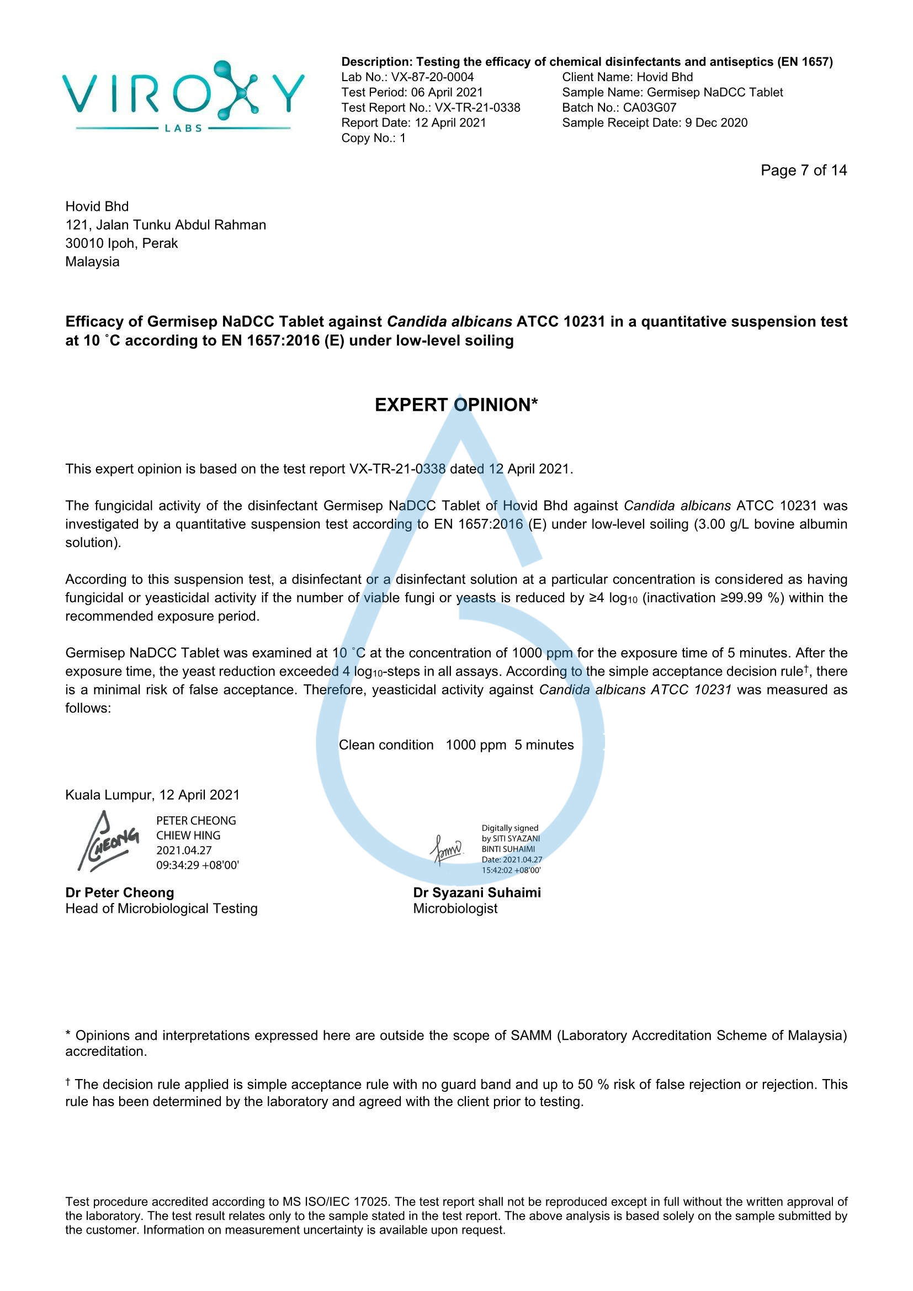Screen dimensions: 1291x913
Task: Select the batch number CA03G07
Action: tap(649, 108)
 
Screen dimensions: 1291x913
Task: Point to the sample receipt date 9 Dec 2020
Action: tap(716, 123)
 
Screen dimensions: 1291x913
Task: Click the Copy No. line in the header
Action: tap(373, 138)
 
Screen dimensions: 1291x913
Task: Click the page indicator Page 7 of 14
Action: tap(803, 171)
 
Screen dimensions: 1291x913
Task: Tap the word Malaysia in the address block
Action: tap(92, 262)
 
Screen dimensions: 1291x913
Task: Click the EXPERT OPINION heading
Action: tap(456, 405)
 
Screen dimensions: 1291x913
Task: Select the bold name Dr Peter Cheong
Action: tap(120, 892)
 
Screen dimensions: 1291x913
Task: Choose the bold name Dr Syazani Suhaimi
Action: tap(477, 892)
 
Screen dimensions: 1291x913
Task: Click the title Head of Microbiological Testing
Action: tap(161, 909)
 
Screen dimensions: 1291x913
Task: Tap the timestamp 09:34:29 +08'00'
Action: tap(197, 865)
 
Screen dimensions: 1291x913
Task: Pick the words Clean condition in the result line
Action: tap(386, 745)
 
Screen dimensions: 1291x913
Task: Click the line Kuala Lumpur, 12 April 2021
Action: tap(152, 795)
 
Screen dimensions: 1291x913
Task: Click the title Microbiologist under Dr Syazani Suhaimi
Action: tap(455, 909)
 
